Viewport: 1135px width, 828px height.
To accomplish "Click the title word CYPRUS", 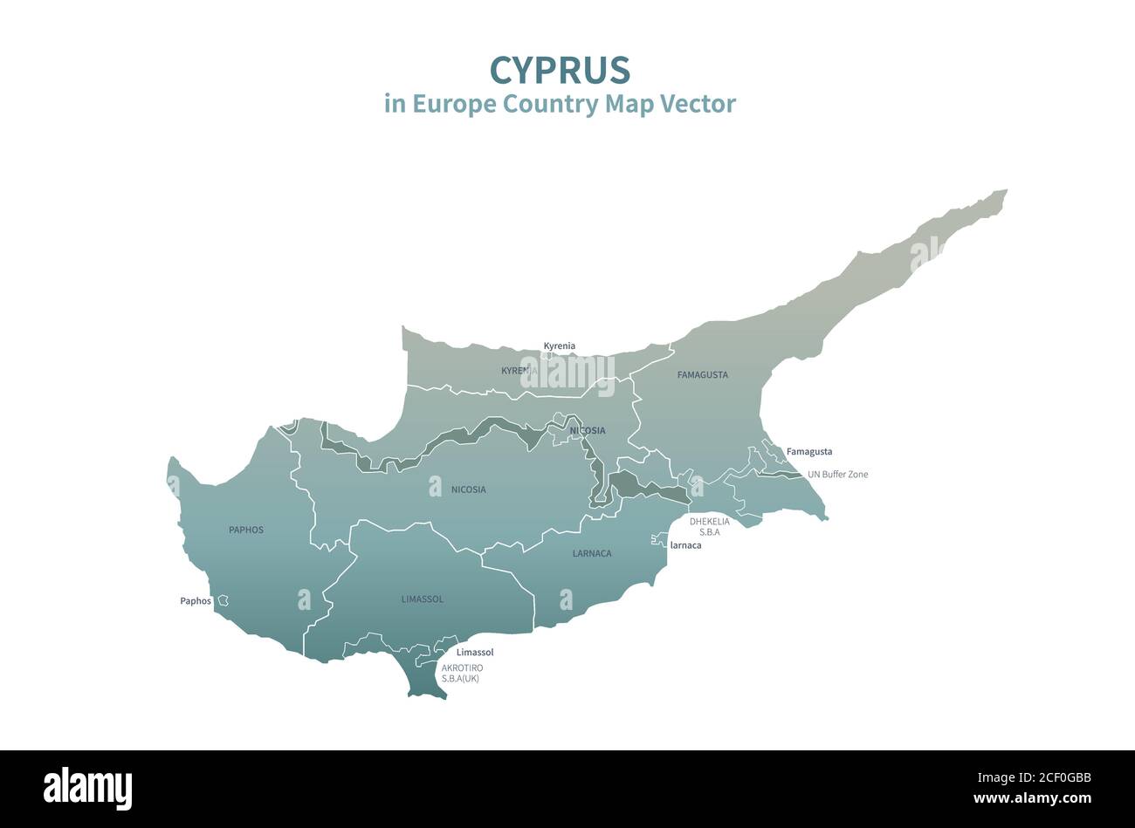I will (x=560, y=69).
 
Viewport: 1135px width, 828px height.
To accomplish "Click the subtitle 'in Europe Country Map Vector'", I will (x=560, y=104).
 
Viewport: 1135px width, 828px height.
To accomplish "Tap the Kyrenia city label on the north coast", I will (x=559, y=346).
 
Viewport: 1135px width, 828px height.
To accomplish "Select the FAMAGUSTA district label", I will (x=702, y=375).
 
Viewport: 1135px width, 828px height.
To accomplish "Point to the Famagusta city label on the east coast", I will (x=808, y=452).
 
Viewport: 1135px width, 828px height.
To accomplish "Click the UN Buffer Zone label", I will (x=837, y=475).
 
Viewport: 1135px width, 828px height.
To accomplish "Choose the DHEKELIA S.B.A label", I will (x=709, y=526).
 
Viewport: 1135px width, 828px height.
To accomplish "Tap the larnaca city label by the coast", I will (x=685, y=545).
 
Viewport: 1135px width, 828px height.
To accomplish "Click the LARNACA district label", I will (x=591, y=553).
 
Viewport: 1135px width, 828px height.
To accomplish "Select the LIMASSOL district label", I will (x=422, y=599).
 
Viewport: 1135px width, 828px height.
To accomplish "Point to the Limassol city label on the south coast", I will (x=475, y=653).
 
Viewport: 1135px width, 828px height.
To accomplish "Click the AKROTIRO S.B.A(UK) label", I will (x=461, y=673).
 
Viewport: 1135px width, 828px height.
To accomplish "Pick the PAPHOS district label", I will (x=245, y=530).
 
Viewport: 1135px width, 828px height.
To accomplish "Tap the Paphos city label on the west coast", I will (x=196, y=601).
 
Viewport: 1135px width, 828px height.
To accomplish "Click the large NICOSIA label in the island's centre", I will (x=468, y=489).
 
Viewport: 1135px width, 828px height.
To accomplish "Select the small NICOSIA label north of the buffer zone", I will (x=587, y=431).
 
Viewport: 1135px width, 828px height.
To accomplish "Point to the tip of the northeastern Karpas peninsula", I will (x=1002, y=193).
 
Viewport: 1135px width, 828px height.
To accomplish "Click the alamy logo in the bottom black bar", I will (x=87, y=788).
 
